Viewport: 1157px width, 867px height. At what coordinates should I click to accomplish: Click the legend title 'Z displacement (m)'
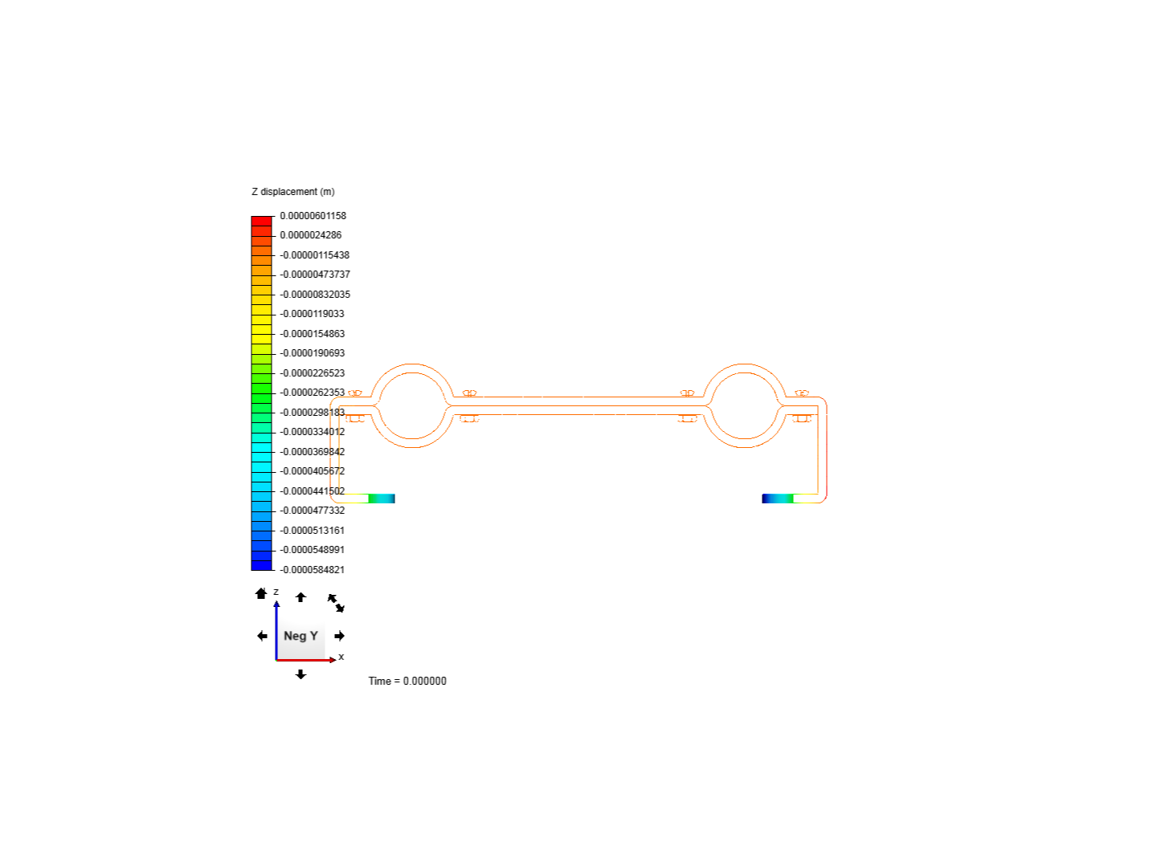[x=293, y=192]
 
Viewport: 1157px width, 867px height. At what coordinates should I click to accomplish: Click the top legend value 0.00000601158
[x=313, y=216]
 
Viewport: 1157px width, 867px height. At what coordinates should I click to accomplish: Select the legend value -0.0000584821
[x=313, y=570]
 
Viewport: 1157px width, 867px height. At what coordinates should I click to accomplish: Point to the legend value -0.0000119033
[x=313, y=314]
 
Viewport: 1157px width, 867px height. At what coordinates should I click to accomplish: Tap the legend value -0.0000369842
[x=313, y=452]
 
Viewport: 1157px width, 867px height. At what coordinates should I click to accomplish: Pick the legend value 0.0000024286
[x=311, y=235]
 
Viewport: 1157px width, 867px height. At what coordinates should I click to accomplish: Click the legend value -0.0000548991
[x=313, y=550]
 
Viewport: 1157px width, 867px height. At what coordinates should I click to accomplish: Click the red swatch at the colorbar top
[x=262, y=221]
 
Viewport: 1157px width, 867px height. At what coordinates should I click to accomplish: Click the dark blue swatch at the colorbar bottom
[x=262, y=565]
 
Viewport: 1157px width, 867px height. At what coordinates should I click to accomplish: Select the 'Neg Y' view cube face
[x=300, y=636]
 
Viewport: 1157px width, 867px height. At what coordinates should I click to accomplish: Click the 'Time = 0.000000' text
[x=407, y=681]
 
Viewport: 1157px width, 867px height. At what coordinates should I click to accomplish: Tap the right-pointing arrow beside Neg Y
[x=339, y=636]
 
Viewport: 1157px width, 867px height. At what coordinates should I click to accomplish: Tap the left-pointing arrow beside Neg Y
[x=262, y=636]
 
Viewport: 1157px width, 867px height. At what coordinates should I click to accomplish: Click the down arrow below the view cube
[x=300, y=674]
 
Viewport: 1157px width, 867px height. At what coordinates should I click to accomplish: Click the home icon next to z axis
[x=260, y=593]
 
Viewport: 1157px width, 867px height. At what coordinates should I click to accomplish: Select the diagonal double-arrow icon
[x=336, y=603]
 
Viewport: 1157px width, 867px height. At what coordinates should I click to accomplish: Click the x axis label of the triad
[x=341, y=657]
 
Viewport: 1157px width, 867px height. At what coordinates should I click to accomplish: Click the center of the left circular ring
[x=412, y=405]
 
